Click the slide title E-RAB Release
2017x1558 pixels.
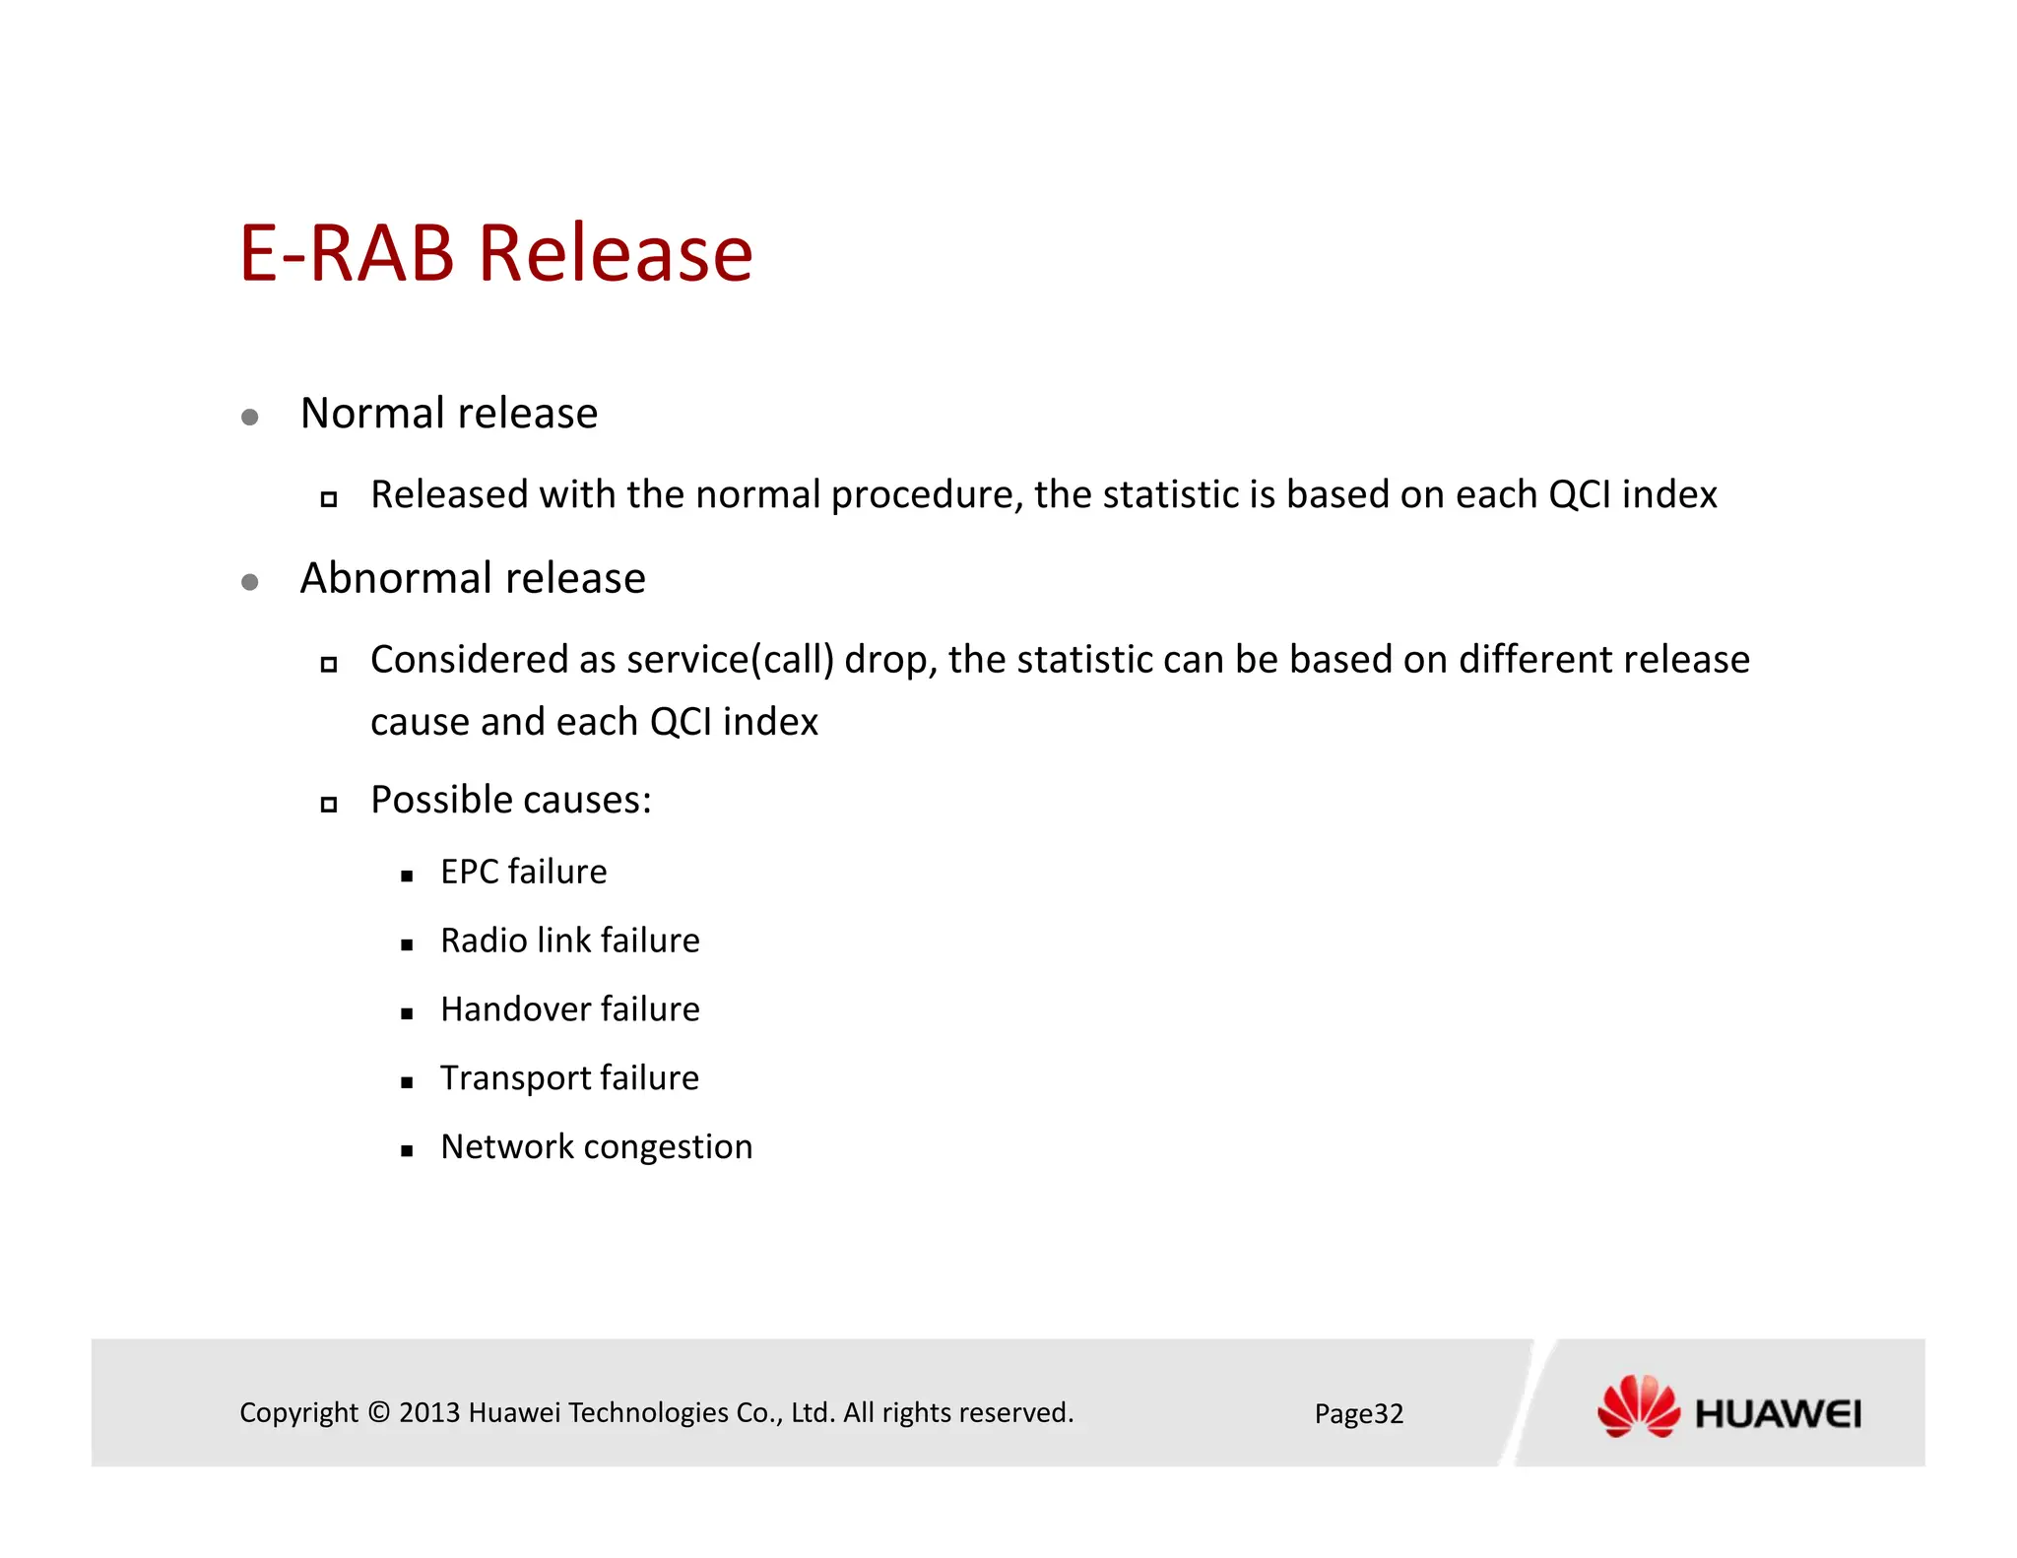tap(495, 253)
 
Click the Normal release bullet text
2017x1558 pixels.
tap(448, 413)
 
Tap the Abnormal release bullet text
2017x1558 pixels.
tap(473, 578)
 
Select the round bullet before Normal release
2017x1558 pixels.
tap(250, 418)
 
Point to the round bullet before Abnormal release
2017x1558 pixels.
tap(250, 582)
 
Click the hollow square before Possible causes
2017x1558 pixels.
tap(329, 805)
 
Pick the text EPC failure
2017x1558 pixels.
tap(523, 872)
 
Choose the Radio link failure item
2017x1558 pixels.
tap(569, 941)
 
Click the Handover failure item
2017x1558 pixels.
tap(569, 1009)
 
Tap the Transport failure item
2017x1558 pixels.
tap(569, 1078)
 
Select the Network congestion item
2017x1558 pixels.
tap(596, 1147)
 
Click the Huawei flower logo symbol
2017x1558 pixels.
tap(1638, 1407)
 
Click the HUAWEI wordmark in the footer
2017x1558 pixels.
tap(1778, 1415)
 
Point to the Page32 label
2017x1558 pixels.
tap(1358, 1414)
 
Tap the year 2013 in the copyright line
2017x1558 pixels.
tap(429, 1413)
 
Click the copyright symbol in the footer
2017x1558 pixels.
tap(379, 1413)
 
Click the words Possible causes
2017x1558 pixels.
tap(510, 800)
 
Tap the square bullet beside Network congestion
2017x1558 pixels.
tap(407, 1150)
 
